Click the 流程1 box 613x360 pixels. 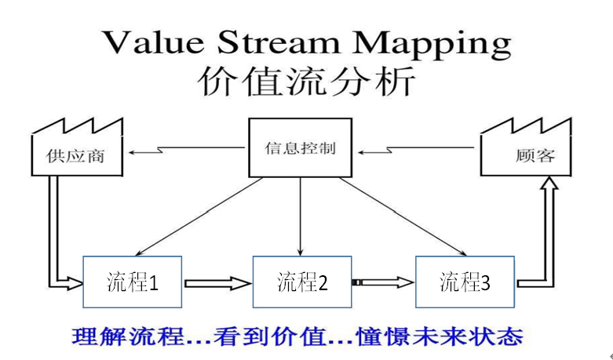(x=133, y=282)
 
